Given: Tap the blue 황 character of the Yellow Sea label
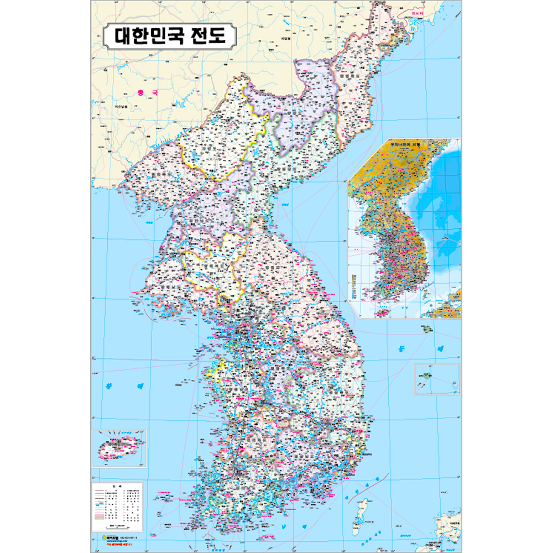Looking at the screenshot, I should click(109, 384).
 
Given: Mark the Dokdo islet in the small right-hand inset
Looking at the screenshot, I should click(453, 379).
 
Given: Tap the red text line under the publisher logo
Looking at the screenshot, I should click(116, 542).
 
